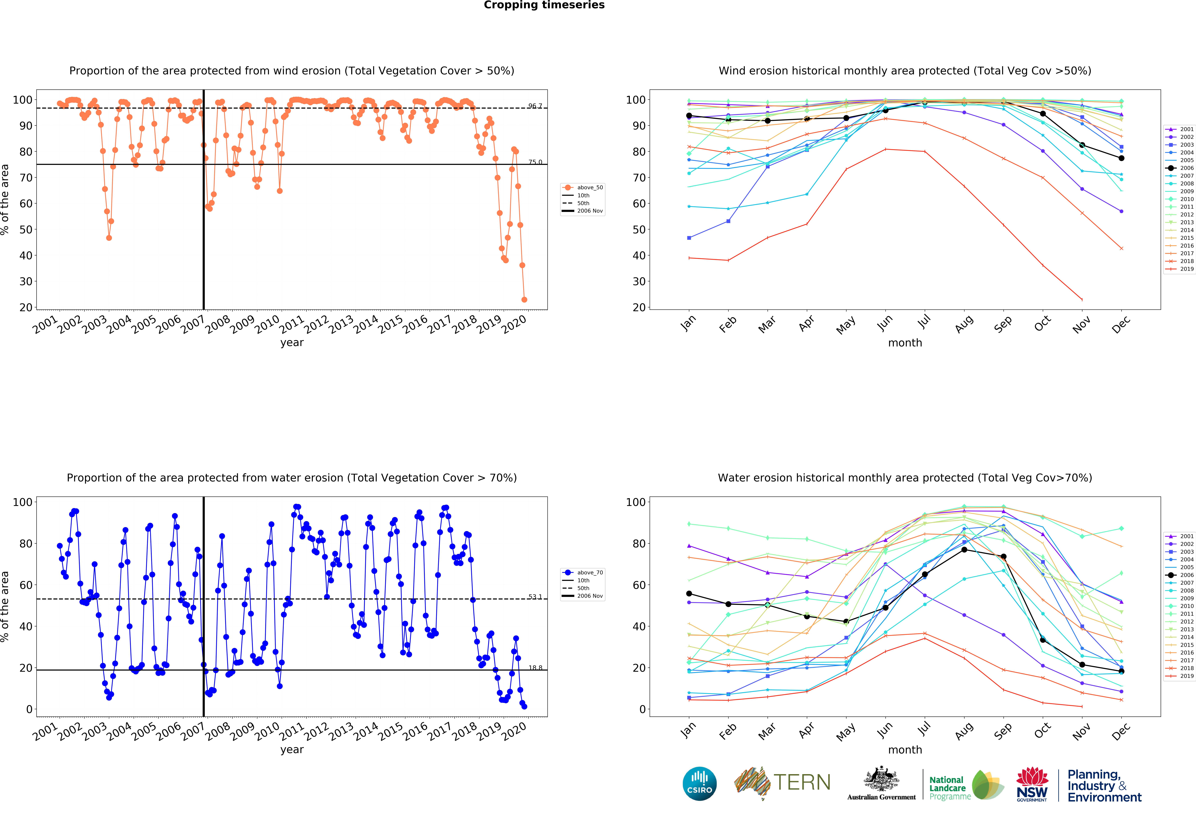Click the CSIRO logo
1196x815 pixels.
699,784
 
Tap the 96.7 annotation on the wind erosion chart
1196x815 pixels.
535,106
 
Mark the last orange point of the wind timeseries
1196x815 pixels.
524,299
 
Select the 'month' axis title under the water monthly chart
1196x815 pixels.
905,750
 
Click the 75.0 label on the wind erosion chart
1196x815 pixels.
535,162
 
